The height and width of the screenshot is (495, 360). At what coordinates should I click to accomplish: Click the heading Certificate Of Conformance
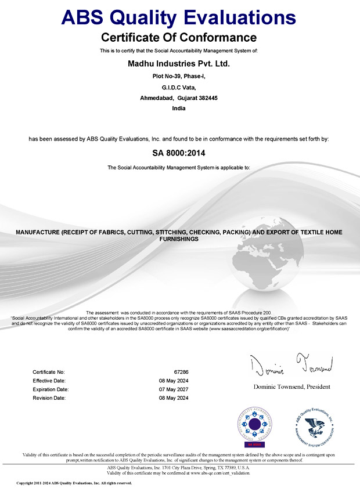pos(179,38)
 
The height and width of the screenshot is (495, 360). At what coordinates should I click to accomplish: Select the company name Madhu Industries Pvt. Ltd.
pos(179,64)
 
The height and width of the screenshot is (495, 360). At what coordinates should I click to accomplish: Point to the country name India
pos(179,109)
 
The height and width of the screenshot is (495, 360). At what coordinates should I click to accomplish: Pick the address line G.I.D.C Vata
pos(179,87)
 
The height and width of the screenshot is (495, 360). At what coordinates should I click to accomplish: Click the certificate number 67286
pos(181,371)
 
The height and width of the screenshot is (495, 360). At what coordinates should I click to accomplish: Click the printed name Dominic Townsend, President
pos(291,386)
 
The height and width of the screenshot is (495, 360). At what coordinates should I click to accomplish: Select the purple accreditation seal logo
pos(253,426)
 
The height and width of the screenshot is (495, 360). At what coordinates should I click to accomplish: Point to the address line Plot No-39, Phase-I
pos(179,76)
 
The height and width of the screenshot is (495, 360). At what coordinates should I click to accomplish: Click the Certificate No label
pos(49,371)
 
